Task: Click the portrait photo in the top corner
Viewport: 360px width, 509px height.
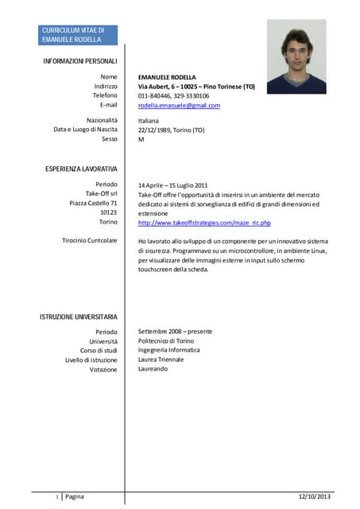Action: (296, 56)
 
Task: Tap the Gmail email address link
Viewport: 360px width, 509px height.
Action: (179, 105)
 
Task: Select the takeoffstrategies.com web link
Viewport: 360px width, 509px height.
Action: (204, 223)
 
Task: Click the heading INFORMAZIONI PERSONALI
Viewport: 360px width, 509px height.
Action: (80, 61)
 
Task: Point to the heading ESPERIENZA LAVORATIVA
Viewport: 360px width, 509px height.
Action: (80, 169)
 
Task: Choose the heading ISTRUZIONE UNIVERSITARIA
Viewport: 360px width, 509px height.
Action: (79, 317)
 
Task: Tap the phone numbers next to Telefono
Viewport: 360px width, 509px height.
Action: (173, 95)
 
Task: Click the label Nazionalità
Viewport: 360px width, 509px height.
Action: (102, 120)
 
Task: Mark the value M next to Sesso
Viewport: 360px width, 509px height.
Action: (141, 139)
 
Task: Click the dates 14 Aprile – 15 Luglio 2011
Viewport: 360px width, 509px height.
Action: (172, 185)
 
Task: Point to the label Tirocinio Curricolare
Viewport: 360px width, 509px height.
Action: (89, 240)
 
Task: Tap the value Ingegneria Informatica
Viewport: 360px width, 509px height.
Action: (168, 350)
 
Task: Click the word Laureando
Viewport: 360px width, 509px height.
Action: (153, 369)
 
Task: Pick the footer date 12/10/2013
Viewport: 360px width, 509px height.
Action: (314, 496)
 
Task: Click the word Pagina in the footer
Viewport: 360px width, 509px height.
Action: (74, 496)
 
